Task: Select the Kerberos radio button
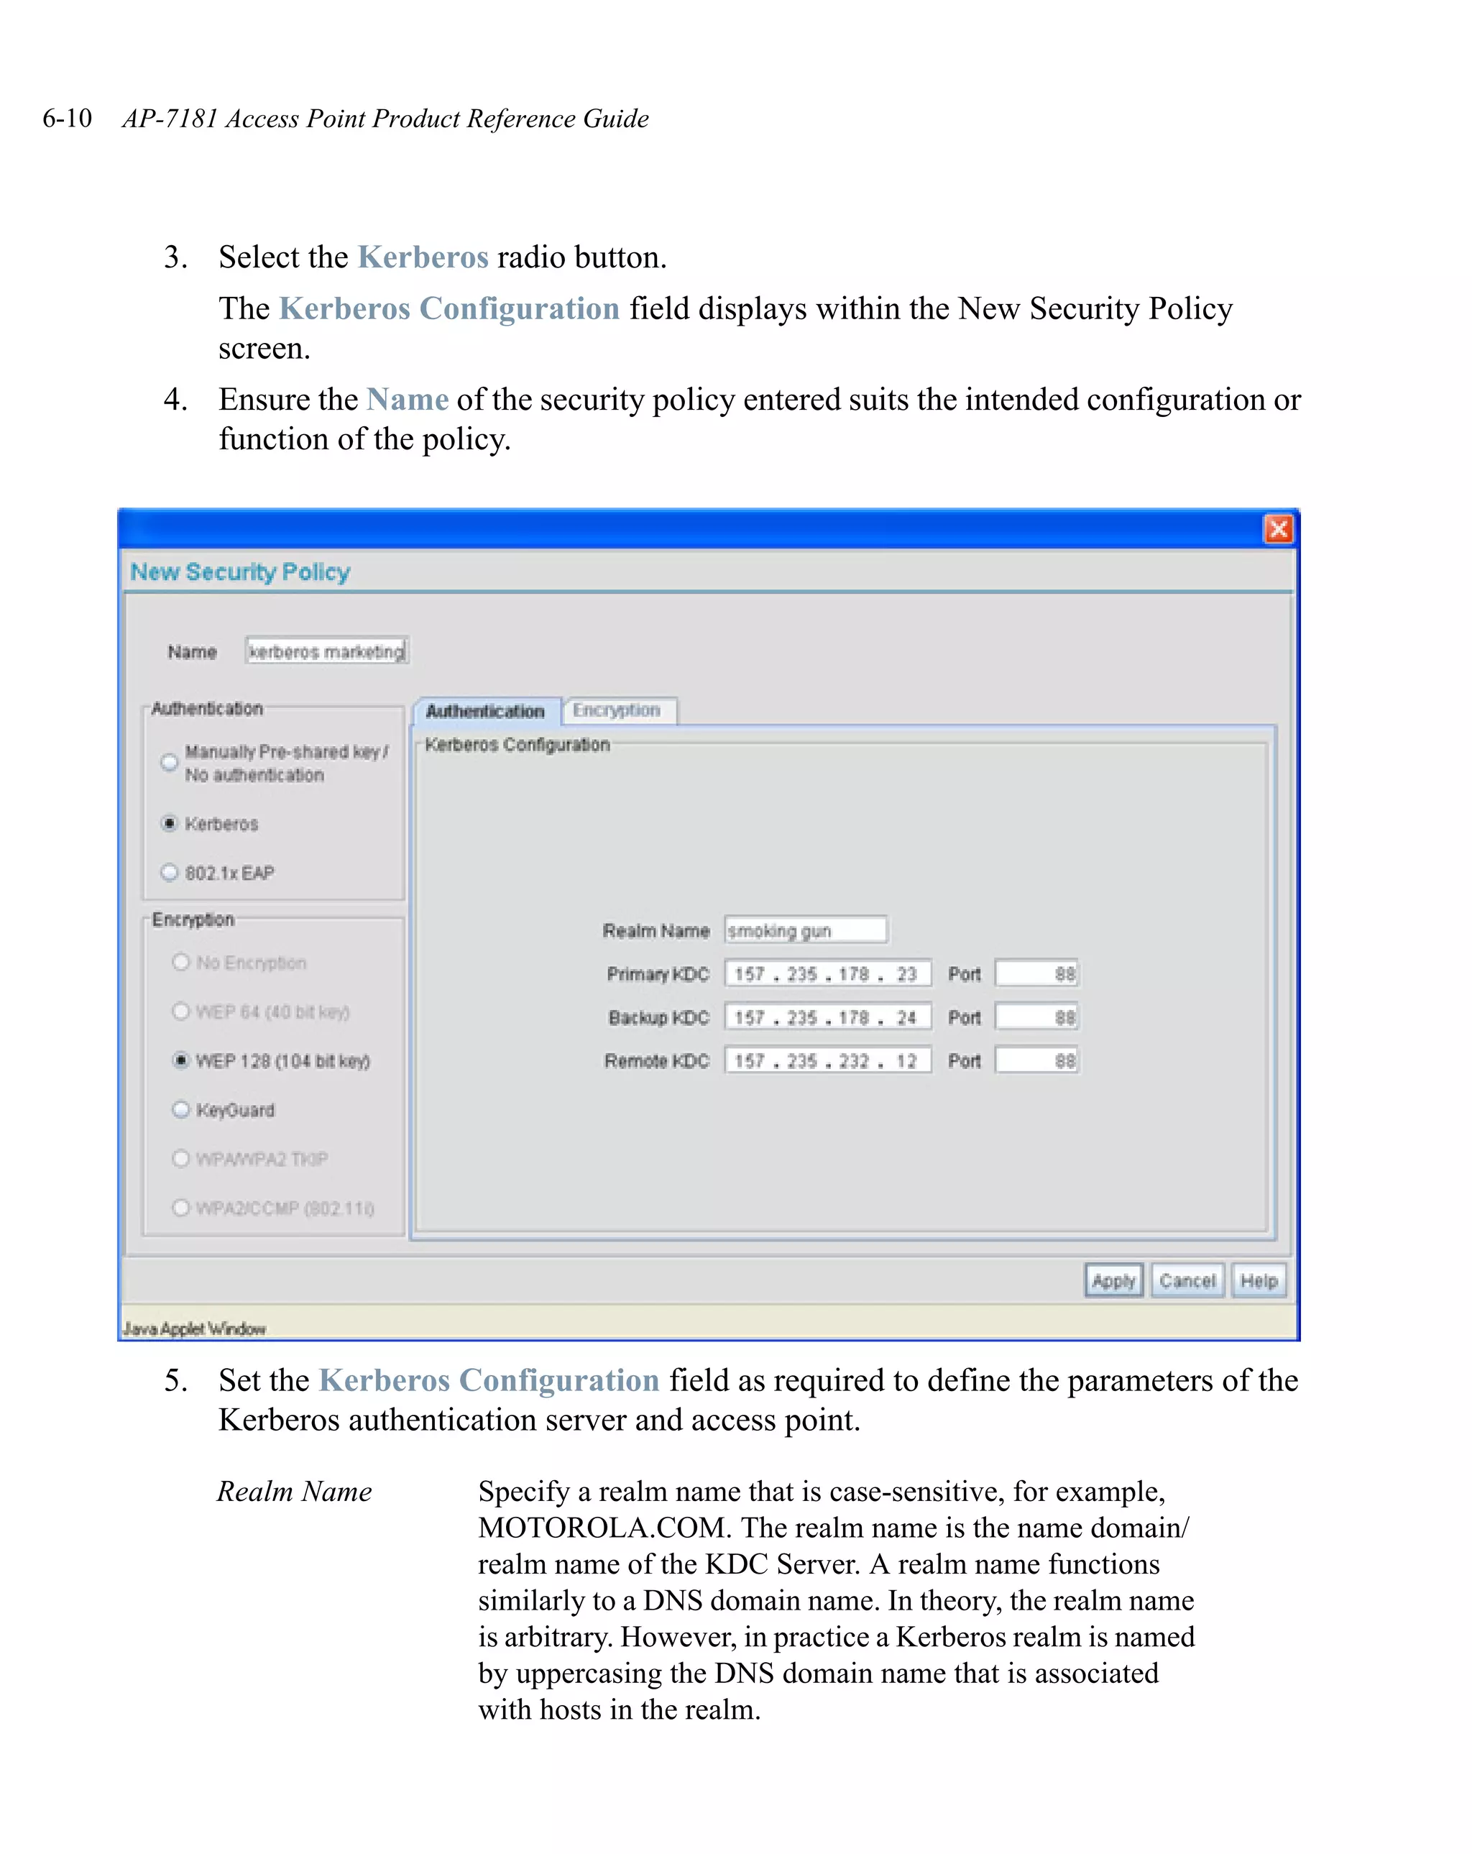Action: pos(170,823)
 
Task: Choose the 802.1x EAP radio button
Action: pos(170,872)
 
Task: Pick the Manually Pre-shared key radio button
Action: pos(170,762)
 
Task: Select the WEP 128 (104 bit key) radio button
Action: pos(180,1060)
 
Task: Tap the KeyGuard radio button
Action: pos(180,1109)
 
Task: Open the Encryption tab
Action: pos(617,710)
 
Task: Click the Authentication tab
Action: pos(485,711)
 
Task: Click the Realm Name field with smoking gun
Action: pos(805,930)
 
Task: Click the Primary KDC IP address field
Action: pos(827,973)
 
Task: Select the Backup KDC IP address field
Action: pos(827,1017)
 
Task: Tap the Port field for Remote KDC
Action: pos(1036,1060)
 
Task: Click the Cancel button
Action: pos(1187,1280)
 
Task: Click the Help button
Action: pos(1258,1280)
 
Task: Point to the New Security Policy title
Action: pos(240,572)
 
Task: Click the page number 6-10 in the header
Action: pos(67,118)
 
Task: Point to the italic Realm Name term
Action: pos(294,1491)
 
